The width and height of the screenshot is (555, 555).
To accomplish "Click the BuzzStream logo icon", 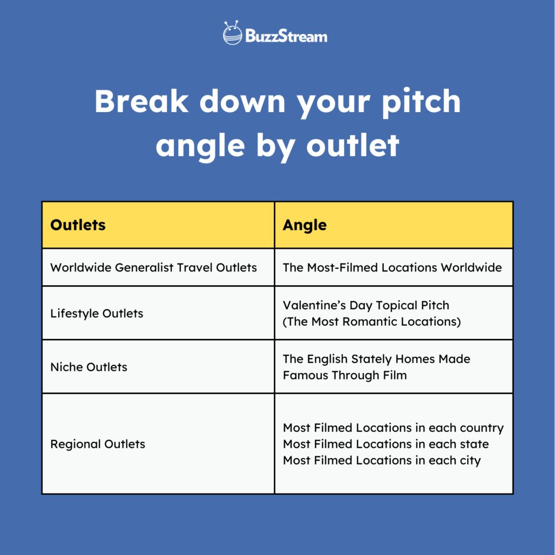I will click(x=233, y=34).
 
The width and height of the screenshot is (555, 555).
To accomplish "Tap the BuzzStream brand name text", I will click(x=286, y=36).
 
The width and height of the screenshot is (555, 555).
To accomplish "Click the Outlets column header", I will click(x=78, y=225).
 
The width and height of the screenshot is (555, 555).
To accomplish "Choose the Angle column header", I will click(x=305, y=225).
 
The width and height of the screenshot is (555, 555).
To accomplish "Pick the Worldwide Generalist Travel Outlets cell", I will click(x=153, y=267).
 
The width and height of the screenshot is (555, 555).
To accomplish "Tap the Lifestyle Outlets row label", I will click(x=96, y=313).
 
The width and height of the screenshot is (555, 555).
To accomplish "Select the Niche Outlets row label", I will click(x=89, y=367).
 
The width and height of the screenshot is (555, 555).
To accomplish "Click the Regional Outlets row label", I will click(x=98, y=444).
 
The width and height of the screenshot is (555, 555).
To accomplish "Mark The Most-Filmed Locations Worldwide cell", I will click(x=392, y=267).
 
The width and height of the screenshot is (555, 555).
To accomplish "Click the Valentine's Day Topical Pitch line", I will click(x=366, y=305).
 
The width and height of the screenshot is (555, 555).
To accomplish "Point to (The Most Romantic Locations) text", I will click(x=372, y=321).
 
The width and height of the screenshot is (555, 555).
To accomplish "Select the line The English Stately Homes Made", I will click(x=376, y=359).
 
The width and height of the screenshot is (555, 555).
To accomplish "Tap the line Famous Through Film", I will click(x=345, y=375).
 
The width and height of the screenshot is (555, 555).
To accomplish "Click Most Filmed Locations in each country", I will click(x=393, y=428).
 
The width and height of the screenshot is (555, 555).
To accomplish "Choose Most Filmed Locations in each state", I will click(x=385, y=444).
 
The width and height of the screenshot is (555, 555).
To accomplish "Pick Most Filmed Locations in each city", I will click(x=382, y=460).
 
